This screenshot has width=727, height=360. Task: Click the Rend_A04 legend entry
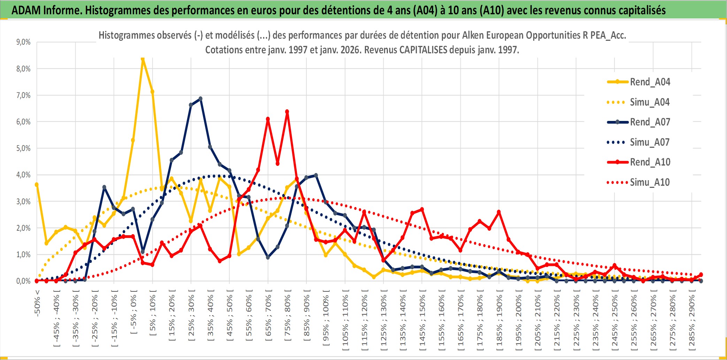tap(650, 82)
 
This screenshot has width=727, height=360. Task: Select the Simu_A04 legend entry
tap(650, 102)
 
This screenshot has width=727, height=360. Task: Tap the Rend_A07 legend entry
tap(650, 122)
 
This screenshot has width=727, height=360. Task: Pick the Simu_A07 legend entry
tap(650, 142)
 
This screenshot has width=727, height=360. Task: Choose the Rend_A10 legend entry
tap(650, 162)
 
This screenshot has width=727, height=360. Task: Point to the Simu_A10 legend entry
tap(650, 182)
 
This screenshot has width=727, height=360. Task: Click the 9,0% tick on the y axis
tap(23, 42)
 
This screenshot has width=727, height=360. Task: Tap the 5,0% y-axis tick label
tap(23, 148)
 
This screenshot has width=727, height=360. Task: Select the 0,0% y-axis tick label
tap(23, 281)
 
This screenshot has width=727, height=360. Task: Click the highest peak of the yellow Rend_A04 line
tap(143, 59)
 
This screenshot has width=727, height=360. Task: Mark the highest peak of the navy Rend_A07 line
tap(200, 99)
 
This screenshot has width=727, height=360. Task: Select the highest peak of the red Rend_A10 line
tap(287, 112)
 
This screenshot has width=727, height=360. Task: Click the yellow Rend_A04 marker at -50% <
tap(37, 185)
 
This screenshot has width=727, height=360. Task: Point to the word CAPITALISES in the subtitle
tap(423, 50)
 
